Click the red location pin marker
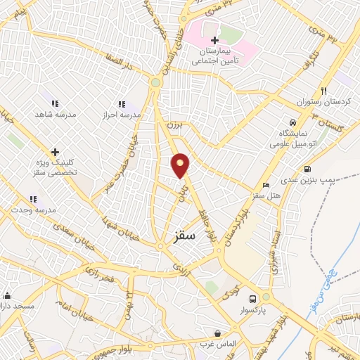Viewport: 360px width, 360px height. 181,165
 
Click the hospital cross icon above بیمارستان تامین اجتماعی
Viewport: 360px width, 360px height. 215,41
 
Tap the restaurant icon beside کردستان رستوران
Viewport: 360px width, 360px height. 323,91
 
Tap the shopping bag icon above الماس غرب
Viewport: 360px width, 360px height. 218,333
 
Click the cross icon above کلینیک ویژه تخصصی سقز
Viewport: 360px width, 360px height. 55,152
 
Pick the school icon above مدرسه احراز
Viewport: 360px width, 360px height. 122,104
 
